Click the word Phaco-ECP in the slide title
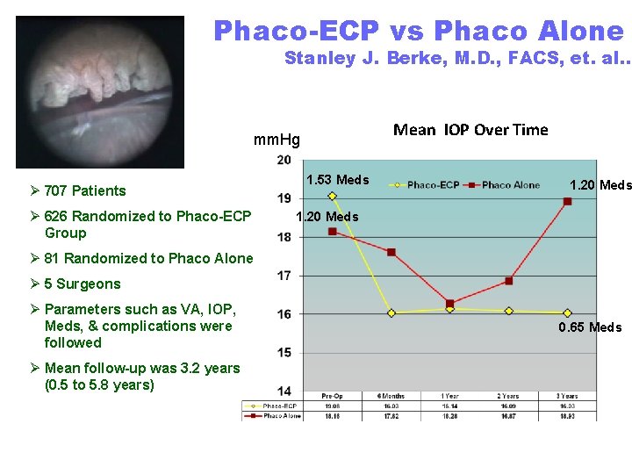(296, 32)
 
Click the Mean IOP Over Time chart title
(470, 131)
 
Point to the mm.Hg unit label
(276, 140)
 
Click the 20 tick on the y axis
(284, 160)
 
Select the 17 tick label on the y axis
(284, 276)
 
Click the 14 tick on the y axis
(284, 391)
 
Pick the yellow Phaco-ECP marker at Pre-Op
(332, 196)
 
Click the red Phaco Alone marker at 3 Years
(567, 201)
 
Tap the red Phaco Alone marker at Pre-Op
(332, 231)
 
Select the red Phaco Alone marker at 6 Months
(391, 252)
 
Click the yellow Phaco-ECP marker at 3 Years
(567, 312)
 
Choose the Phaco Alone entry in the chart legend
(510, 185)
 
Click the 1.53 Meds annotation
(337, 180)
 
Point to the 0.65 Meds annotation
(590, 327)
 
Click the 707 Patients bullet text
(85, 190)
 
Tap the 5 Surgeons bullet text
(83, 284)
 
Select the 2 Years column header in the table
(508, 397)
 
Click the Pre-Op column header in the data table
(332, 397)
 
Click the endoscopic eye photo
(100, 91)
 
